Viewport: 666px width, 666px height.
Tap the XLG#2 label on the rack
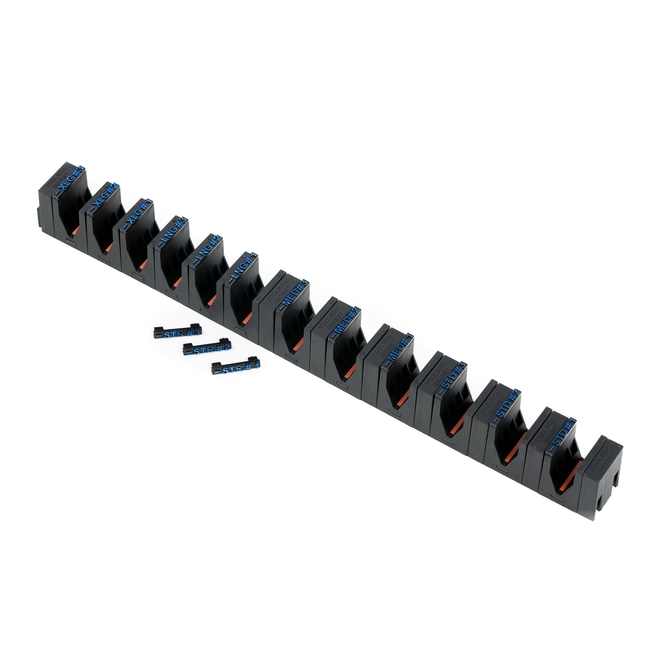click(x=105, y=199)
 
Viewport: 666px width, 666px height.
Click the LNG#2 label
click(x=206, y=250)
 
